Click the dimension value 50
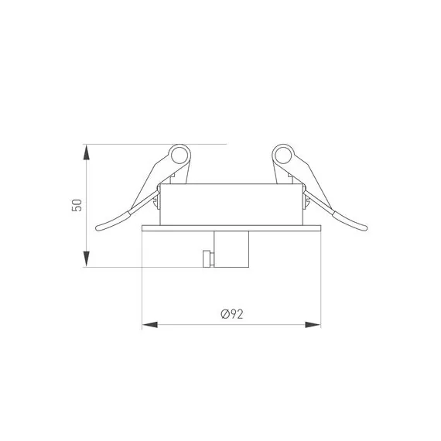click(77, 205)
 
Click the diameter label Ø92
click(232, 314)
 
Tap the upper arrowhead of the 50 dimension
click(87, 152)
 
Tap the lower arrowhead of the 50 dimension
click(87, 259)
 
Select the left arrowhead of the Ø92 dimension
click(150, 325)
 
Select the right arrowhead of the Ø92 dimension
click(313, 325)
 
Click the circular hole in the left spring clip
click(179, 156)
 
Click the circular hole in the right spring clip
click(283, 156)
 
